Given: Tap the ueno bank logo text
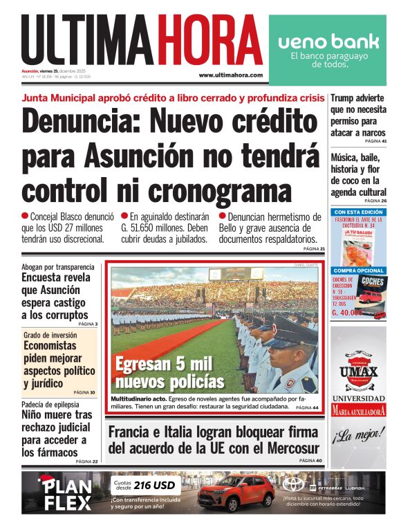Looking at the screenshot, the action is pyautogui.click(x=328, y=41).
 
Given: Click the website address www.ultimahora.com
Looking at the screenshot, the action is pyautogui.click(x=230, y=75).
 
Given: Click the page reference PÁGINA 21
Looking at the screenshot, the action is pyautogui.click(x=313, y=248).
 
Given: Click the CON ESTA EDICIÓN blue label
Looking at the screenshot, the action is pyautogui.click(x=358, y=212).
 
